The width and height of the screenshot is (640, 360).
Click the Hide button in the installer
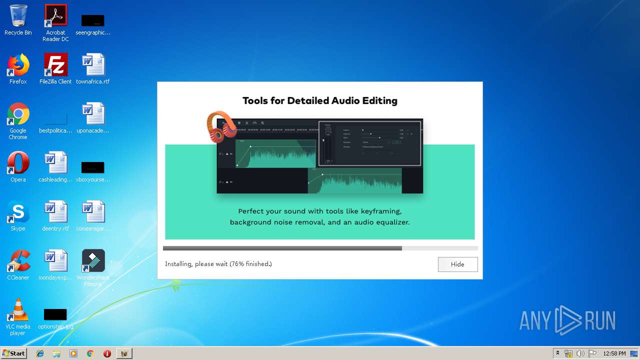457,264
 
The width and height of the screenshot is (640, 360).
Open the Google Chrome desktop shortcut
18,114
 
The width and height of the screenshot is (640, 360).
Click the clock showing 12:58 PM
614,353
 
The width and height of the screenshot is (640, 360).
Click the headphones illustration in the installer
221,126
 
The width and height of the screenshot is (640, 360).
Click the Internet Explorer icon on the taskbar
40,353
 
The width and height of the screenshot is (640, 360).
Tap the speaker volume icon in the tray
580,353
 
